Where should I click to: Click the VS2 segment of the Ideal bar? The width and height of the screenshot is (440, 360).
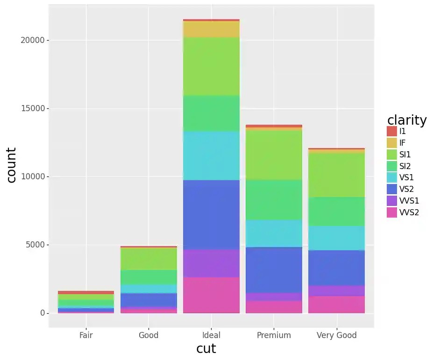point(211,214)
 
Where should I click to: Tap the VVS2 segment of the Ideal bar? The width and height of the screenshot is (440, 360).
point(211,295)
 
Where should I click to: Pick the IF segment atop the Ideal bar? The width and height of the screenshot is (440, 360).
point(211,29)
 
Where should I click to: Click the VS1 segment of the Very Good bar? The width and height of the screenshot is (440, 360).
point(336,238)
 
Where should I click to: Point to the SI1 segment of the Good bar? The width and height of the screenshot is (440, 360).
point(149,259)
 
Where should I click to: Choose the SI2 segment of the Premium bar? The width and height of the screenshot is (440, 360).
point(274,200)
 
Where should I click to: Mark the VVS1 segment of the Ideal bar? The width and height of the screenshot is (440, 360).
point(211,263)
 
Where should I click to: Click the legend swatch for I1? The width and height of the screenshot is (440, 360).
point(392,131)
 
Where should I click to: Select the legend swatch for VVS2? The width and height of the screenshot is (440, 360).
point(392,212)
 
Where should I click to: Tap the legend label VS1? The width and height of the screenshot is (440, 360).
point(406,177)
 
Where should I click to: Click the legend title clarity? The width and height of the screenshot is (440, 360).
point(407,120)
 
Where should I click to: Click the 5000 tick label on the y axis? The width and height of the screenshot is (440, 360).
point(35,245)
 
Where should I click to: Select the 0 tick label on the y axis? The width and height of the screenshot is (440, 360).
point(42,313)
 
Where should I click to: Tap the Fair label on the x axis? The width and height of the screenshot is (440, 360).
point(86,335)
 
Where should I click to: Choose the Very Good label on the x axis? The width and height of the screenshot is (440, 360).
point(336,335)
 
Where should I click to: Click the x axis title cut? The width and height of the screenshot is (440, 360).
point(206,349)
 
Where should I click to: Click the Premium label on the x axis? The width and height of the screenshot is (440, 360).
point(274,335)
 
